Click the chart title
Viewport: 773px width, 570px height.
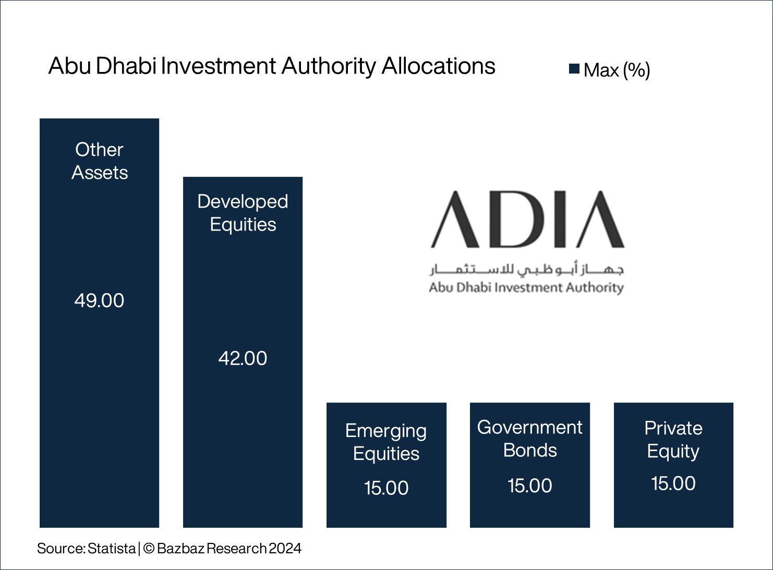click(272, 67)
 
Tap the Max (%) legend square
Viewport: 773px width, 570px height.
click(574, 69)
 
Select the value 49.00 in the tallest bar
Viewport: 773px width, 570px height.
click(99, 300)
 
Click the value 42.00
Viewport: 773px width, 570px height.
click(243, 358)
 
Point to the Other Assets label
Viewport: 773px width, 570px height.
click(99, 161)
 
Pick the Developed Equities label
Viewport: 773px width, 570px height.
click(243, 213)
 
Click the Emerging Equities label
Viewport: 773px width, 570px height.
click(386, 442)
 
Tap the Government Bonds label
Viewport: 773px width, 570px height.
click(529, 439)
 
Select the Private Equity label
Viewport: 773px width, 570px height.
click(673, 439)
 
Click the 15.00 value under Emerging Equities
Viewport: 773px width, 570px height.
click(386, 488)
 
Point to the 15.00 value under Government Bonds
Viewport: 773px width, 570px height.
click(529, 486)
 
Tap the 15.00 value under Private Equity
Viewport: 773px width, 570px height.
click(673, 483)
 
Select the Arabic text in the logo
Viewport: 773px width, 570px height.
click(527, 269)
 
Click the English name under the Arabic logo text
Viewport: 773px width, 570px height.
click(526, 287)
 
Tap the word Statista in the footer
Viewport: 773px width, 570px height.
click(112, 549)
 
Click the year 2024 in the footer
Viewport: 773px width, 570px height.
click(285, 549)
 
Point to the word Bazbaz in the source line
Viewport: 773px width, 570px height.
click(181, 549)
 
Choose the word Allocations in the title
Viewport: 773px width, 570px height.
click(438, 67)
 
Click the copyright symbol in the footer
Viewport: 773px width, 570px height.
click(148, 549)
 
